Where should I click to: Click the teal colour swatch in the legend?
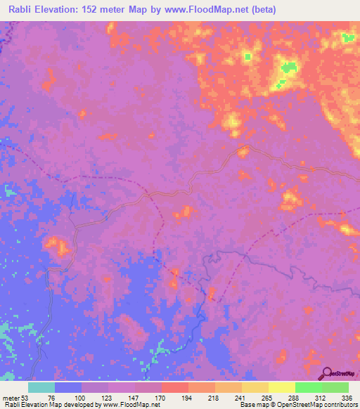41,387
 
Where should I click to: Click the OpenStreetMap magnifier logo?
328,372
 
